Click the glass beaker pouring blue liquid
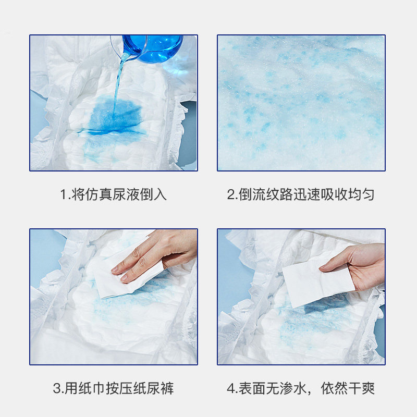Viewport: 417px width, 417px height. pos(156,46)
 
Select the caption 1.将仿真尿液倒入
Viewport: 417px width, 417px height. pos(113,194)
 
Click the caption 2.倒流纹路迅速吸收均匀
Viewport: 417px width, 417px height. pos(301,194)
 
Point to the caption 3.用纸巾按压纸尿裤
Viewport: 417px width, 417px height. pos(113,388)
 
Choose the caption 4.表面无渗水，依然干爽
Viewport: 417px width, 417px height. pos(301,388)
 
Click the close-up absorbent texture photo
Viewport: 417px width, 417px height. pos(301,103)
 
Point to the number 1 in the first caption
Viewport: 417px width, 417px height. pos(63,194)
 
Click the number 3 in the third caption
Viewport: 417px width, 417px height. pos(56,388)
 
